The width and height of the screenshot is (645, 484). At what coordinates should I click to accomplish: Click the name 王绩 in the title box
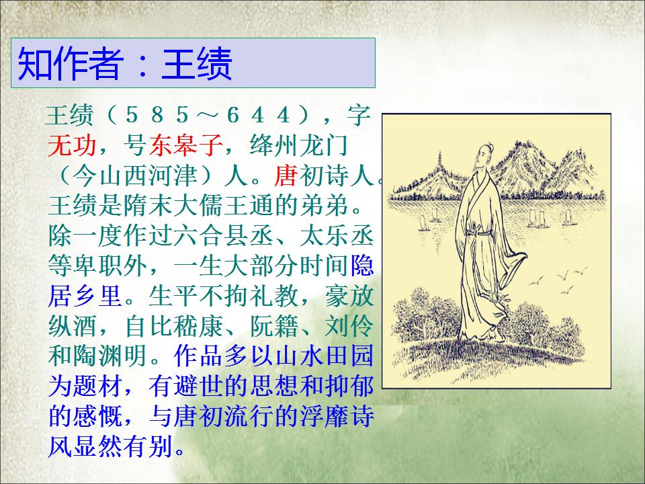(197, 64)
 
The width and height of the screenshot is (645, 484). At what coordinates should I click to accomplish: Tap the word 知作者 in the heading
(71, 64)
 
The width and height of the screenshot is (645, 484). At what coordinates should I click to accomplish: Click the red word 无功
(72, 145)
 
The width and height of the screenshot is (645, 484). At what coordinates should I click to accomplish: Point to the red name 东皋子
(186, 145)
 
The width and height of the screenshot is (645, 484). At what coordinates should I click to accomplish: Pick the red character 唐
(286, 175)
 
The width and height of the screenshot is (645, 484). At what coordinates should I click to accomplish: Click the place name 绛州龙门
(299, 145)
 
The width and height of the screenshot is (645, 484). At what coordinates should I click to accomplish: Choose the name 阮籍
(274, 325)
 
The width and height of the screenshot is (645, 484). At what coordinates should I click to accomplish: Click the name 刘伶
(349, 325)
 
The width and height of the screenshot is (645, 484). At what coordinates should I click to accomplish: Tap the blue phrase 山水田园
(324, 356)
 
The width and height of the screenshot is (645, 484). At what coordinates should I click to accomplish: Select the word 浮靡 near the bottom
(324, 415)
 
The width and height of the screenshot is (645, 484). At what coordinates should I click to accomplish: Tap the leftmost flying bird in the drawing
(536, 281)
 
